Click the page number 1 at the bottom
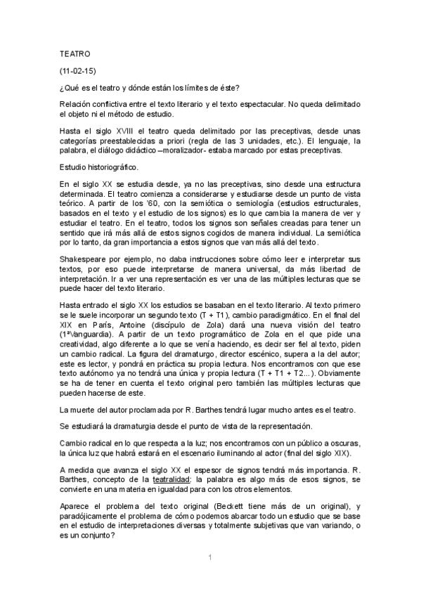[210, 557]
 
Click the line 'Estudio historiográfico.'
[99, 167]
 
